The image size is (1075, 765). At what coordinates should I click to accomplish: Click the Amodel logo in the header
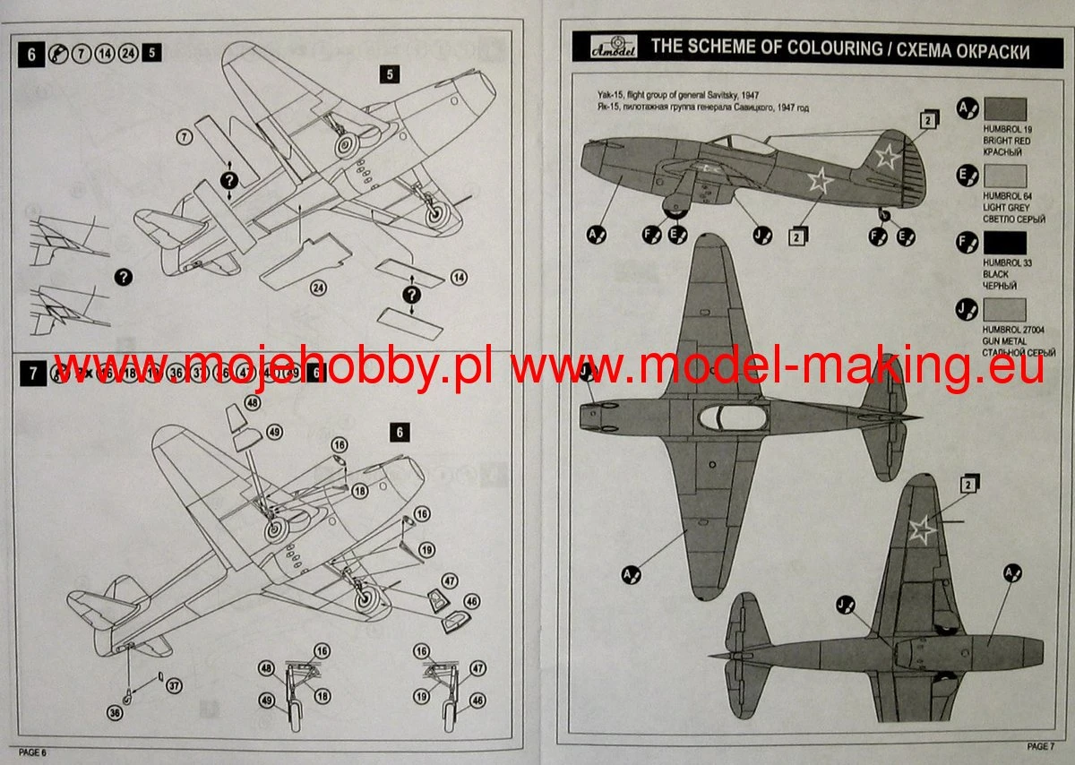tap(605, 47)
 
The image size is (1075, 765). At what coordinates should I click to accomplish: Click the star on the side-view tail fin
tap(886, 159)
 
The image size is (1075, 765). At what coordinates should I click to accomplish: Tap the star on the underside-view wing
tap(922, 529)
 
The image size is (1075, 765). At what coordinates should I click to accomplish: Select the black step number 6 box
tap(31, 54)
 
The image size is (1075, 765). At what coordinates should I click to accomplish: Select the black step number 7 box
tap(31, 374)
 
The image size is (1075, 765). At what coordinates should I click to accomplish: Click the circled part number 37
tap(174, 686)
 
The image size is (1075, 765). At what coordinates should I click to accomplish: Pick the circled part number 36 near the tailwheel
tap(114, 713)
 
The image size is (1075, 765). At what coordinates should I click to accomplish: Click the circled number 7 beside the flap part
tap(185, 137)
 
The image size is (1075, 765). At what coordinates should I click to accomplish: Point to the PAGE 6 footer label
tap(31, 752)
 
